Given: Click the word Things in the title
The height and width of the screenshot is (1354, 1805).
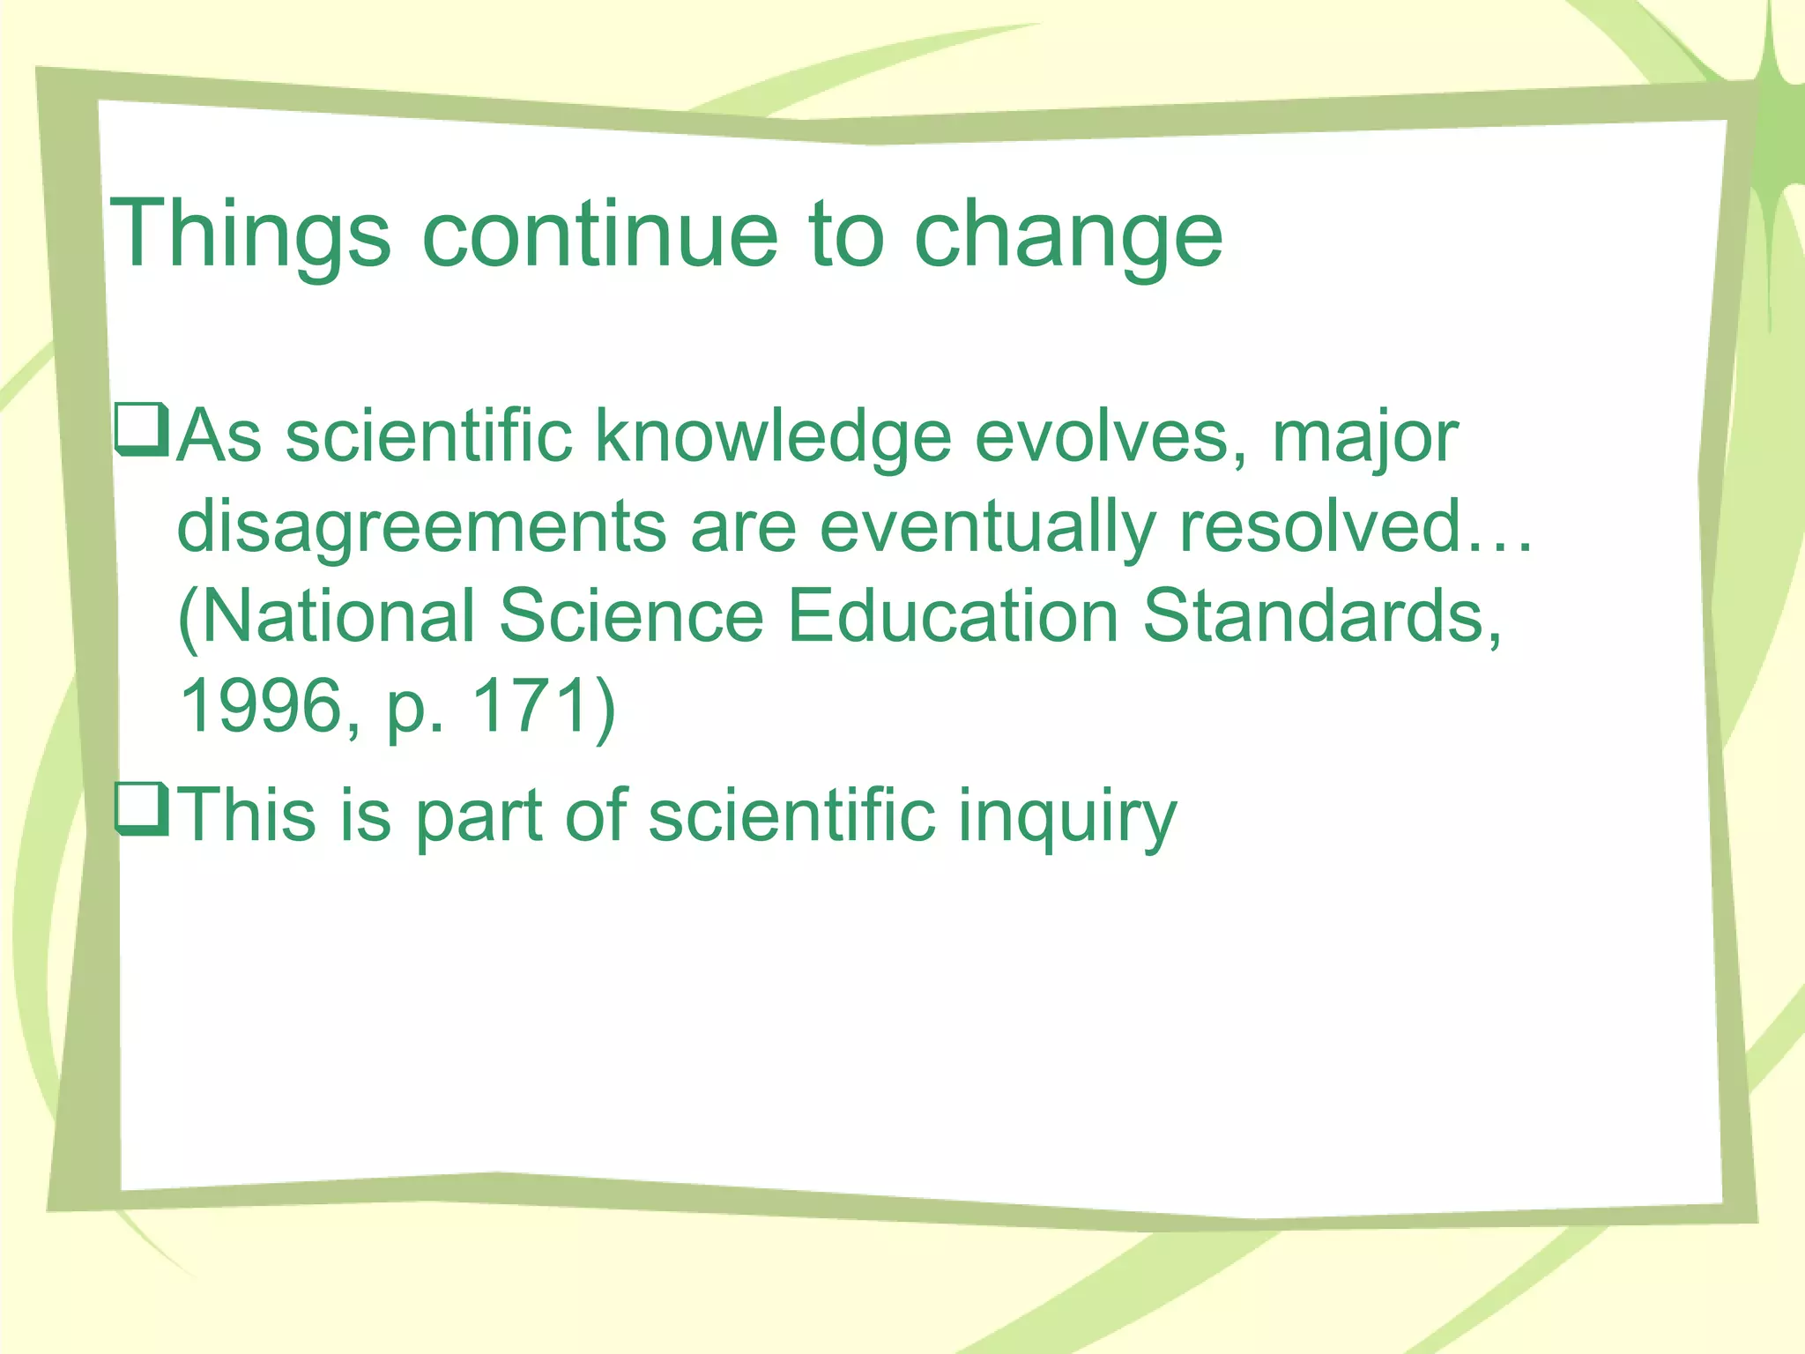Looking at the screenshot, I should (249, 234).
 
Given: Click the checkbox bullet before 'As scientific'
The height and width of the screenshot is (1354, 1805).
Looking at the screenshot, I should (141, 429).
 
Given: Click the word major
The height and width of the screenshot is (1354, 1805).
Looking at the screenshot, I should (1365, 439).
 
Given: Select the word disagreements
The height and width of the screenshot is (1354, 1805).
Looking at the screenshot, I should (421, 527).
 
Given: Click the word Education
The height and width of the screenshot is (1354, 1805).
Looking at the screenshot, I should (952, 615).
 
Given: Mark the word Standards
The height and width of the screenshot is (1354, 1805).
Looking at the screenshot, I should (1321, 615).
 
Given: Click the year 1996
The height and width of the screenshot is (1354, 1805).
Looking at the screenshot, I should (260, 705).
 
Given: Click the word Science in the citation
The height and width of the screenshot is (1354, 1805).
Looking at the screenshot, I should (631, 615).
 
